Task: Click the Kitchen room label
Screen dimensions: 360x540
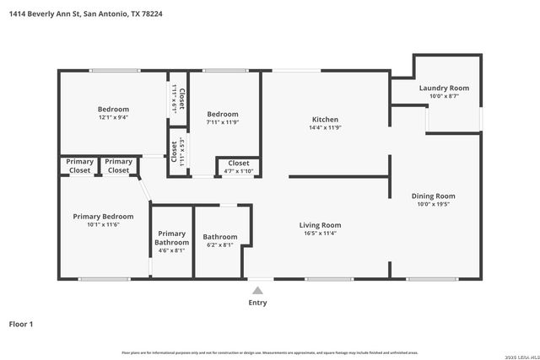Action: (x=325, y=120)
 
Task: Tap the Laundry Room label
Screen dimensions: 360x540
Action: (x=444, y=88)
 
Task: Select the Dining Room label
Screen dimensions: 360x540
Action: (x=433, y=196)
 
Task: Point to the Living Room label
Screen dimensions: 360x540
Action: (x=320, y=225)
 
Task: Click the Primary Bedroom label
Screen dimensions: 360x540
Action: (x=103, y=216)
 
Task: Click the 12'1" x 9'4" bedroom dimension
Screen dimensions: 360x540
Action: (x=113, y=118)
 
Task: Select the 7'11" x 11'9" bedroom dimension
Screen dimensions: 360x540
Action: (x=223, y=123)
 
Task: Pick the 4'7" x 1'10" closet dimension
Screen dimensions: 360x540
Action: (x=238, y=171)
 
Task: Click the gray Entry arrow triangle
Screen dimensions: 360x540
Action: (x=258, y=291)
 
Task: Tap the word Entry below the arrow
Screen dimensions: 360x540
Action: (x=258, y=303)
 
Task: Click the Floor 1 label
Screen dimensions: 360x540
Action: (x=21, y=324)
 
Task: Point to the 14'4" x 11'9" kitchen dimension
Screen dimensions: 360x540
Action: (x=325, y=128)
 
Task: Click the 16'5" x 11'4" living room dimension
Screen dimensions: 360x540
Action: (x=320, y=234)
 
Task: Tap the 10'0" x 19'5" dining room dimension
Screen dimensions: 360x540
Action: (x=433, y=205)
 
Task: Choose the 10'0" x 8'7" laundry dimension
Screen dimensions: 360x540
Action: (x=444, y=96)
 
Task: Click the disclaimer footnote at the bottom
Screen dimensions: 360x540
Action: (x=270, y=352)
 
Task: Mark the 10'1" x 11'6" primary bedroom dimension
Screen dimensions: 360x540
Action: (x=103, y=224)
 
